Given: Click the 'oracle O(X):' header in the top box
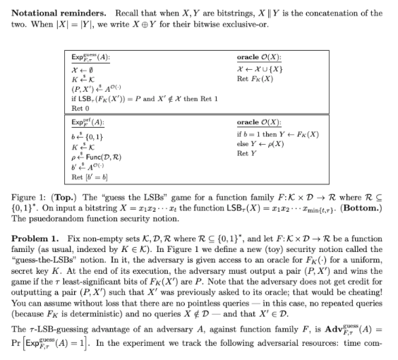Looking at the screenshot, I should click(258, 56).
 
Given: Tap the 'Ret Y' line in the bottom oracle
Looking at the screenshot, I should click(248, 152).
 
